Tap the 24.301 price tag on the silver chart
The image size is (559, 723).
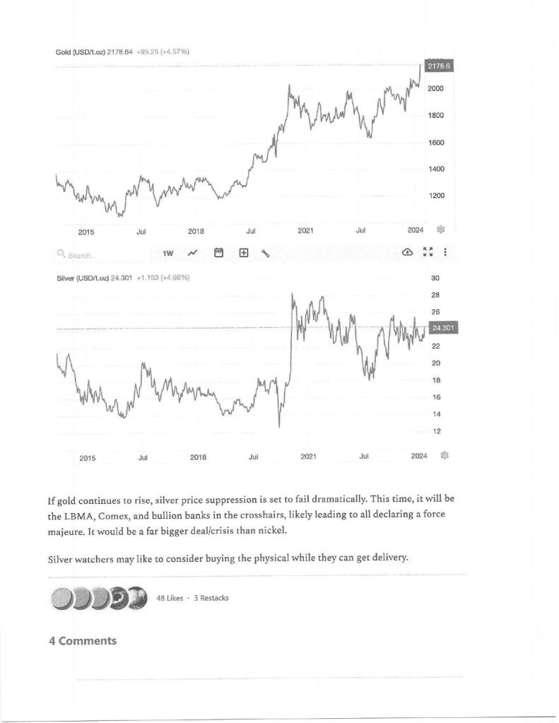[445, 327]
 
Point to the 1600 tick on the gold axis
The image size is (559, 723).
[436, 143]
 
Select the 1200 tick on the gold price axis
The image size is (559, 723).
[436, 196]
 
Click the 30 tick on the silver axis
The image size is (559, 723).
[436, 278]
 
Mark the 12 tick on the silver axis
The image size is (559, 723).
[436, 431]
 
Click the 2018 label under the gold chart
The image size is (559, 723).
[196, 230]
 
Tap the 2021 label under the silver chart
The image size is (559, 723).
[308, 457]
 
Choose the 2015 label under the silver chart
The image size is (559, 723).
[88, 458]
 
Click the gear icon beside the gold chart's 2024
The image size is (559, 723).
[442, 230]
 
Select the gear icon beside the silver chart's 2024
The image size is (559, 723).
[445, 457]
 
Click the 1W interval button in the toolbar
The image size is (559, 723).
[167, 253]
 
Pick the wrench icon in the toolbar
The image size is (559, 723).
[265, 253]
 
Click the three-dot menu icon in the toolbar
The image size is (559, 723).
[445, 252]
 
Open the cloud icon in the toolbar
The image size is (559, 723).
[407, 252]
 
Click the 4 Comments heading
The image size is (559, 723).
[82, 640]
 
